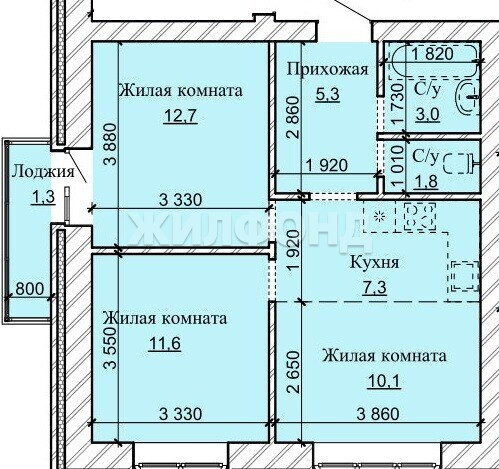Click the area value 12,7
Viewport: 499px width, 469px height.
click(x=180, y=116)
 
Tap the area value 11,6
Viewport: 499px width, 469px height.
click(x=165, y=343)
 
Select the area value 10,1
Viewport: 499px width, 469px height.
click(x=384, y=381)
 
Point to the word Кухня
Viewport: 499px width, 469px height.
click(x=374, y=263)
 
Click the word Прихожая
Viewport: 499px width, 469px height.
click(x=327, y=70)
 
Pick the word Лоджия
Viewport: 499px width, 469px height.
click(x=43, y=171)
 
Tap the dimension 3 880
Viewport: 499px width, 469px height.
click(x=110, y=144)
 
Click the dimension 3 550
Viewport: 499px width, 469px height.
click(x=110, y=348)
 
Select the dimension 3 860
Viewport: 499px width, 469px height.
click(x=378, y=414)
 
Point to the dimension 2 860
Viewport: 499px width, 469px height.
click(x=293, y=117)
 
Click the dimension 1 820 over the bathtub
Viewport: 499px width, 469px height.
click(x=432, y=54)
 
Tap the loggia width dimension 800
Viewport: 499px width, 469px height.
click(x=30, y=289)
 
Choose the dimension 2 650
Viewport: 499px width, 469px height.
click(x=293, y=371)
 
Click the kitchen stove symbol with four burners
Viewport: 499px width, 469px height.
click(x=420, y=216)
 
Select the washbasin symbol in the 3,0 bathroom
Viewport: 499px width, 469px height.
click(x=467, y=96)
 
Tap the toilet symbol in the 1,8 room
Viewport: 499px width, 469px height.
click(x=461, y=163)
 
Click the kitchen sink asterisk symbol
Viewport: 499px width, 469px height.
click(x=379, y=217)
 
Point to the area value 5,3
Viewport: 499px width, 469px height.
click(x=327, y=94)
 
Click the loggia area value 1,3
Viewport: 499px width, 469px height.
click(x=43, y=197)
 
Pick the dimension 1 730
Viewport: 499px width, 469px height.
click(x=398, y=104)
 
